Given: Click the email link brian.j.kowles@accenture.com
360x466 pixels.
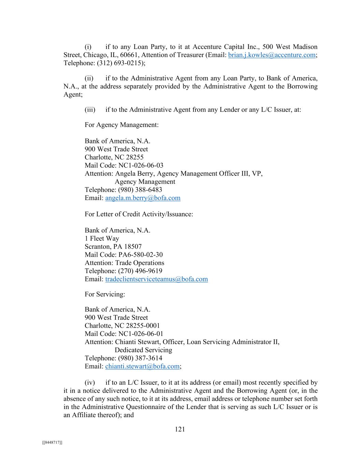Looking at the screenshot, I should pyautogui.click(x=272, y=55).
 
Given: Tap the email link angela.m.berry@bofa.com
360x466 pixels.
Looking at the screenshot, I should pyautogui.click(x=143, y=198).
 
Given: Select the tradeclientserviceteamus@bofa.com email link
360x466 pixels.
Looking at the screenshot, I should pyautogui.click(x=156, y=279).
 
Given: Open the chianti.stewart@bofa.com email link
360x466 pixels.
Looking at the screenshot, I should pyautogui.click(x=142, y=366).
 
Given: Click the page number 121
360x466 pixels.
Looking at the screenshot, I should pyautogui.click(x=180, y=429).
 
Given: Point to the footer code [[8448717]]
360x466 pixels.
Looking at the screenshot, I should pyautogui.click(x=52, y=442).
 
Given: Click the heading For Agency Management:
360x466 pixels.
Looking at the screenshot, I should pyautogui.click(x=121, y=125).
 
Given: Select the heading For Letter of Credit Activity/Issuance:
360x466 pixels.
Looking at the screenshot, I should pyautogui.click(x=139, y=214).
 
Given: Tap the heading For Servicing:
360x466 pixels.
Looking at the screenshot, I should pyautogui.click(x=105, y=294).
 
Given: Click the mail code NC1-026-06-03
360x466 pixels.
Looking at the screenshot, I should pyautogui.click(x=141, y=166).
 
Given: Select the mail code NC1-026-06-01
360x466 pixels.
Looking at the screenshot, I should pyautogui.click(x=141, y=334).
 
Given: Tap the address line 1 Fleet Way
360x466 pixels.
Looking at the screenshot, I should pyautogui.click(x=102, y=239).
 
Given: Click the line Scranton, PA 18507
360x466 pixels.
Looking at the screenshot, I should pyautogui.click(x=113, y=246).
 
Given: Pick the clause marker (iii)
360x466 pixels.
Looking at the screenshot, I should pyautogui.click(x=90, y=110).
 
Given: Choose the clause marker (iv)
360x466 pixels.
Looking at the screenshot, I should pyautogui.click(x=90, y=383).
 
